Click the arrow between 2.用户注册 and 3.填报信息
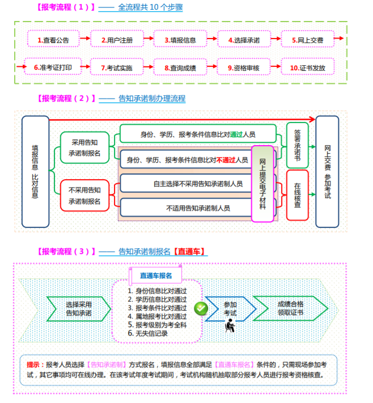click(149, 39)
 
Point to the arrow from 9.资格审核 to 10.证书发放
click(275, 66)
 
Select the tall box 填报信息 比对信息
click(36, 172)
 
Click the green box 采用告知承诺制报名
click(84, 147)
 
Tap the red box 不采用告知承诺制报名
click(84, 196)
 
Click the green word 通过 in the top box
click(236, 134)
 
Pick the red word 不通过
click(226, 160)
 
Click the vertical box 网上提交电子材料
click(262, 184)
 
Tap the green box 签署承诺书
click(298, 145)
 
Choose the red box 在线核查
click(298, 195)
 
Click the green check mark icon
click(201, 308)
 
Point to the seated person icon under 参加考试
click(230, 326)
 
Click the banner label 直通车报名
click(156, 275)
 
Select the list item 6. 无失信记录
click(148, 333)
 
